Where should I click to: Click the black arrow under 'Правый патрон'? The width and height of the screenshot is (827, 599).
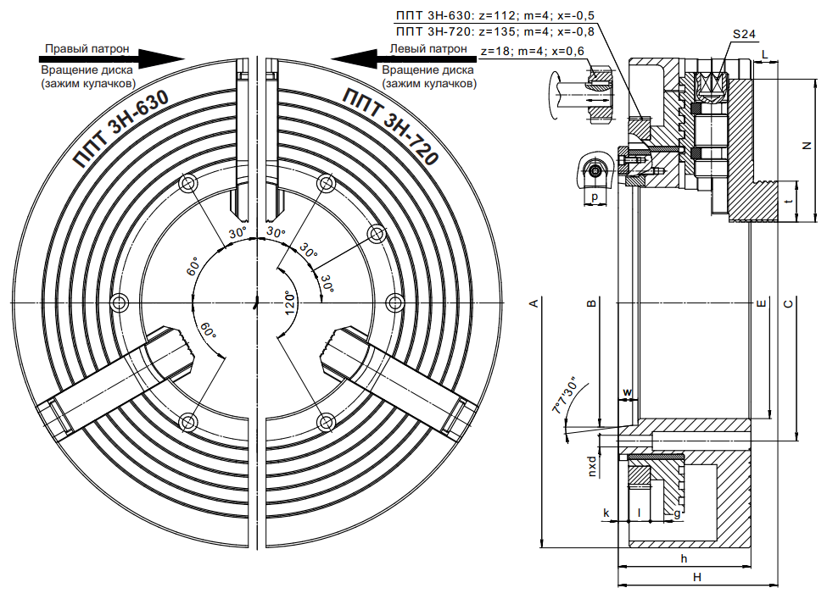click(112, 58)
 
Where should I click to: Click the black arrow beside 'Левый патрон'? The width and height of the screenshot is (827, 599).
click(402, 58)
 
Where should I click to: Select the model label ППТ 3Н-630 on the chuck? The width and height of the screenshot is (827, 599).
click(122, 129)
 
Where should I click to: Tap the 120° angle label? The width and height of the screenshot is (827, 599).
click(289, 303)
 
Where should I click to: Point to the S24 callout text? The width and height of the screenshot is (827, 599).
click(744, 34)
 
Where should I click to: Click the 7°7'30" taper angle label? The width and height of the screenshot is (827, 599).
click(564, 395)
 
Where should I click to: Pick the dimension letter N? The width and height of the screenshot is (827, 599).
click(806, 146)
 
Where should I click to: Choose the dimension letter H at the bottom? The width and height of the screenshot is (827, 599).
click(696, 578)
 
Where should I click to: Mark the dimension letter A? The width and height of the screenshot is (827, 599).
click(534, 303)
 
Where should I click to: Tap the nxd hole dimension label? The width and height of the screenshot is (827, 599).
click(592, 466)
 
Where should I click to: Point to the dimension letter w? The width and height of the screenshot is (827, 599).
click(627, 392)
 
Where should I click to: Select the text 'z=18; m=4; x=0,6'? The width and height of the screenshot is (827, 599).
click(533, 51)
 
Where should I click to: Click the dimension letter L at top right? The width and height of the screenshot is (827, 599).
click(765, 55)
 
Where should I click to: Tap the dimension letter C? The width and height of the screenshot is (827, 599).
click(788, 303)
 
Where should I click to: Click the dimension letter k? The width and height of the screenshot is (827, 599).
click(606, 513)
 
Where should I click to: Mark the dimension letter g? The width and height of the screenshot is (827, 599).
click(677, 513)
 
